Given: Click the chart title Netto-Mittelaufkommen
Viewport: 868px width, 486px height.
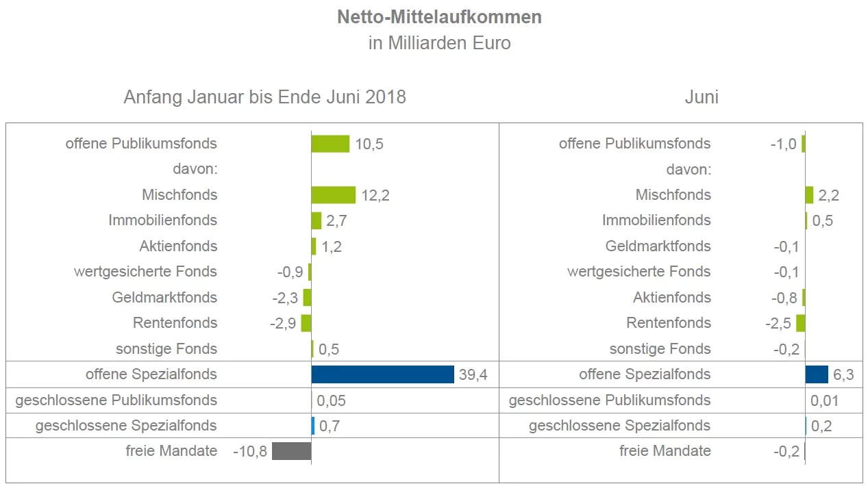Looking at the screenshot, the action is (x=439, y=17).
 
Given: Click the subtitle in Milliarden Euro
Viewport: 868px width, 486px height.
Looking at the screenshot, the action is (x=439, y=43).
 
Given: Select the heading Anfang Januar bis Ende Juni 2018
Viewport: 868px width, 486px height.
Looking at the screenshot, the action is (x=264, y=97).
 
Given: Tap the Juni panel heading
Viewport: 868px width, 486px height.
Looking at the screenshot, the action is (x=702, y=97).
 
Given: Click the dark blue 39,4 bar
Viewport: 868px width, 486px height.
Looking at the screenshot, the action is (x=382, y=374).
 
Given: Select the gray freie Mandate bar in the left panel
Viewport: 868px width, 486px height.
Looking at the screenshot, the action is (x=291, y=451).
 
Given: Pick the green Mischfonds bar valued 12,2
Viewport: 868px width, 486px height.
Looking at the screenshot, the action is (x=333, y=195).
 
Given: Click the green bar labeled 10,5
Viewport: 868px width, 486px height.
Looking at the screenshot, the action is (x=330, y=144).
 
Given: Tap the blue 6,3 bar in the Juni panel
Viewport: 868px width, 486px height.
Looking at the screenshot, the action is (x=817, y=374).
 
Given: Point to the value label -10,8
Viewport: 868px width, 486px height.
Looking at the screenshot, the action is (x=250, y=452).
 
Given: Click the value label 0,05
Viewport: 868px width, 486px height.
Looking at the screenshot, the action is (x=332, y=401).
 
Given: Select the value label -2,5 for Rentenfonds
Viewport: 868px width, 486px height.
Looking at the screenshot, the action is (x=778, y=323).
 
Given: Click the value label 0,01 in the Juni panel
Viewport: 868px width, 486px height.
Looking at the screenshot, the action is (x=825, y=401).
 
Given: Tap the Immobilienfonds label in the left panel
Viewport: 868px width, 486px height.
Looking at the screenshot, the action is (x=163, y=220).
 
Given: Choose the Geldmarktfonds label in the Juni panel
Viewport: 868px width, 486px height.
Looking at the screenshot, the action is (x=658, y=246).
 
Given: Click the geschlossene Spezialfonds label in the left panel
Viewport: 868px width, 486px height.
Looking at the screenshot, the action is (x=126, y=426).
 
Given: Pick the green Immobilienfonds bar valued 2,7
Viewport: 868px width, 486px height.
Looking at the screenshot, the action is (x=317, y=220).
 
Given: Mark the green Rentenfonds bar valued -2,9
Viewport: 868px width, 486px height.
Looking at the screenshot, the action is (x=306, y=323).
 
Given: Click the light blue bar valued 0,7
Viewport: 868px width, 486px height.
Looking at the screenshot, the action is (x=313, y=426).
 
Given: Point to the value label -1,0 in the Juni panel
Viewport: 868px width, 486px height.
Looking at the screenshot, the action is (x=783, y=144).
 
